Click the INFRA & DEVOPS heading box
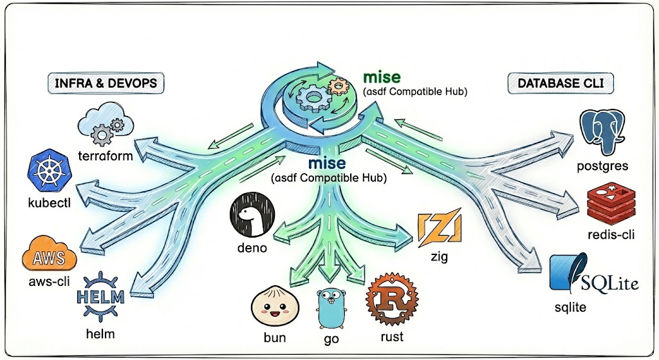coord(106,83)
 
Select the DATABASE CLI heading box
coord(560,83)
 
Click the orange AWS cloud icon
coord(50,256)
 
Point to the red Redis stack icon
coord(611,202)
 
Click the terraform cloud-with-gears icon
coord(104,127)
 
